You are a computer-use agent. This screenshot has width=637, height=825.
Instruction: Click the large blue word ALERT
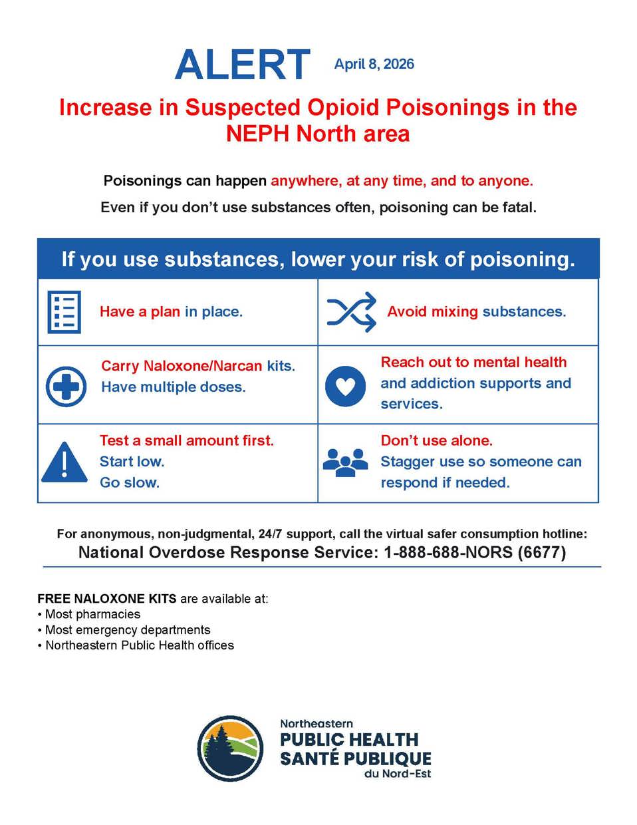(x=243, y=65)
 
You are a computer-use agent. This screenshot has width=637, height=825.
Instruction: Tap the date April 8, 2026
(x=374, y=65)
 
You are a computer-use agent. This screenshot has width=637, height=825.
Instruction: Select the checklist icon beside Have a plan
(x=64, y=312)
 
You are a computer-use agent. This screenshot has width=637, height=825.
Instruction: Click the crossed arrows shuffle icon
(x=352, y=311)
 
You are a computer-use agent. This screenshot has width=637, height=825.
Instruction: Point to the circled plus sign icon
(x=66, y=386)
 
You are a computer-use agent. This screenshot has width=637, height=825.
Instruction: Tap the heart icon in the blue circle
(x=345, y=386)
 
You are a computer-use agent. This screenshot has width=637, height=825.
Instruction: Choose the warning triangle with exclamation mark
(x=64, y=462)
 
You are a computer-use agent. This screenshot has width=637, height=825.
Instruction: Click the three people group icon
(x=345, y=462)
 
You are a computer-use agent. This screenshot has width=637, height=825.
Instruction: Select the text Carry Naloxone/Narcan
(x=182, y=366)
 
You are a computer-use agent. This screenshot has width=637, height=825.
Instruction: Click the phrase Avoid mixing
(x=432, y=311)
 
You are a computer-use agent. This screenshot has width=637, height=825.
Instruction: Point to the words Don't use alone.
(x=436, y=440)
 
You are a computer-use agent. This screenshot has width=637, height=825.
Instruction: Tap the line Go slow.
(x=130, y=482)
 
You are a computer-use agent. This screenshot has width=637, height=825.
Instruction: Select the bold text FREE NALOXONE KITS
(x=107, y=599)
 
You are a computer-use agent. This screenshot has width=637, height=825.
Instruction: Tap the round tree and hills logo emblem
(x=230, y=748)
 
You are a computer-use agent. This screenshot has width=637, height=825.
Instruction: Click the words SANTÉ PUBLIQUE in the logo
(x=356, y=758)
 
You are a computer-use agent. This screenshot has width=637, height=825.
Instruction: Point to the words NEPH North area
(x=318, y=134)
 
